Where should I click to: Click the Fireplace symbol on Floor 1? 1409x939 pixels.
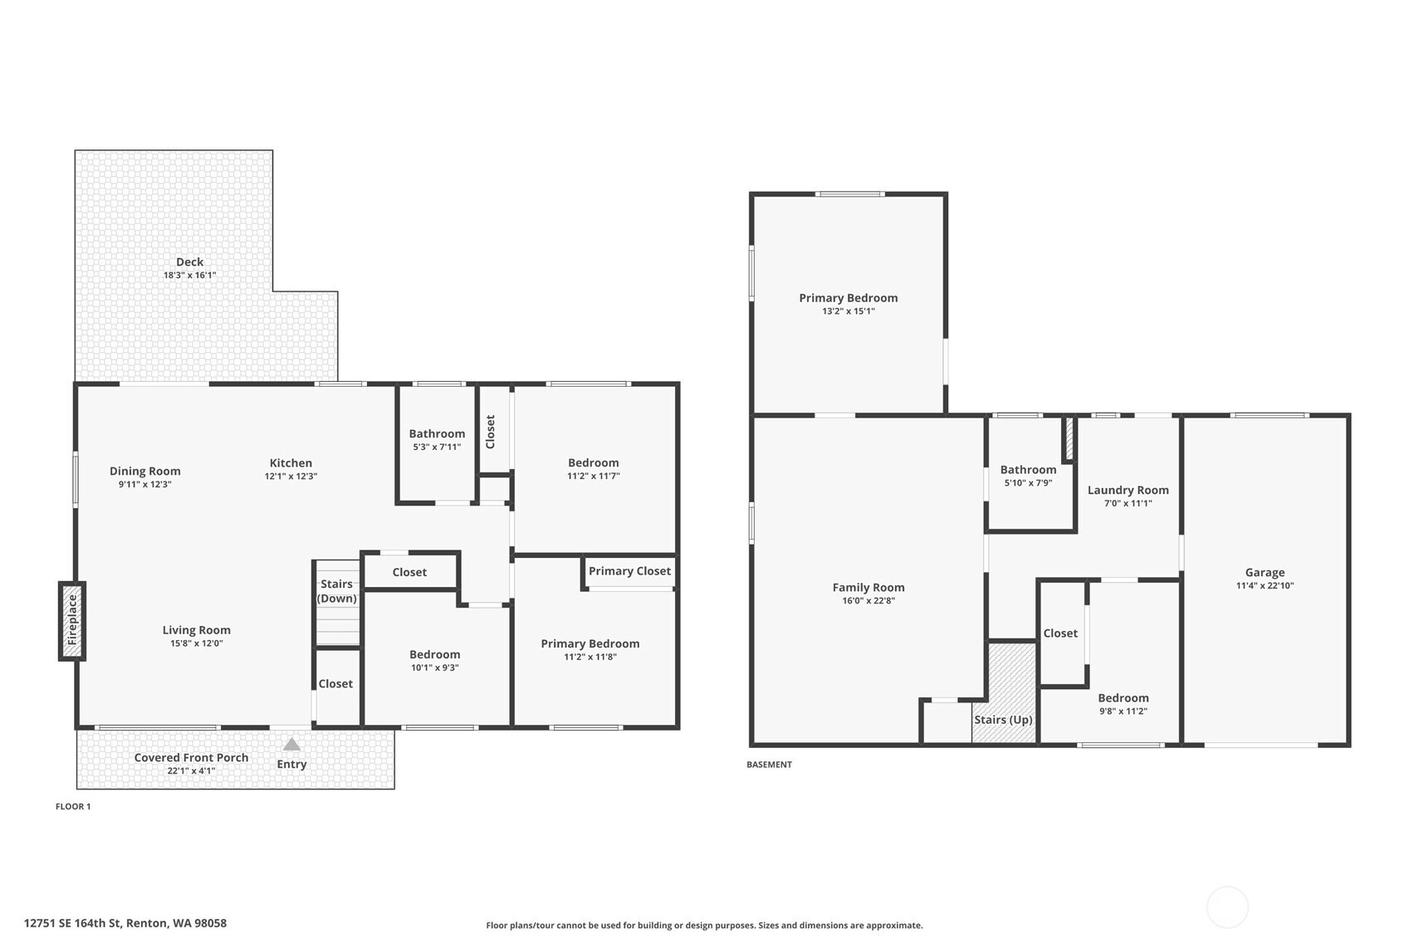pos(71,621)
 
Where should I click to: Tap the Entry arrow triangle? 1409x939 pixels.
pos(291,745)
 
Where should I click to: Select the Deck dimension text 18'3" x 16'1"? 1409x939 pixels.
pos(190,276)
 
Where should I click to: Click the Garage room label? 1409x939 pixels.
pos(1265,572)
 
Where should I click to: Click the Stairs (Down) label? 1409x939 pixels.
pos(336,591)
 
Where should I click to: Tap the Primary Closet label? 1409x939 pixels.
pos(629,571)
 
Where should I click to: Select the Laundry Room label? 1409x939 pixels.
pos(1128,490)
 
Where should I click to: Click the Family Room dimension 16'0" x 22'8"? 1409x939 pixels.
pos(868,600)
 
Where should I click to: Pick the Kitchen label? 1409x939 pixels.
pos(291,463)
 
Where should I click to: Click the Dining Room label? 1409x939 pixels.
pos(145,471)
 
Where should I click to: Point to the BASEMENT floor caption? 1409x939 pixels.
pos(770,765)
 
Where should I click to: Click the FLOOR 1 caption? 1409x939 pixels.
pos(73,806)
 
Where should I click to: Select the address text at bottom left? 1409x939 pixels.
pos(125,923)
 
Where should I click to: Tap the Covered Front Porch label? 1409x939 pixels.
pos(191,758)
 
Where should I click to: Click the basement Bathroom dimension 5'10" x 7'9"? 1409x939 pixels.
pos(1029,483)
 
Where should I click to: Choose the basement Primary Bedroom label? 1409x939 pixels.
pos(849,298)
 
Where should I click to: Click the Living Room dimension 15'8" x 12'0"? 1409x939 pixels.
pos(197,643)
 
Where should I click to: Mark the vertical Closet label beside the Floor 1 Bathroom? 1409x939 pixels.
pos(491,432)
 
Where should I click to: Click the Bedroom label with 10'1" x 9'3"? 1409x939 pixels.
pos(434,655)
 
